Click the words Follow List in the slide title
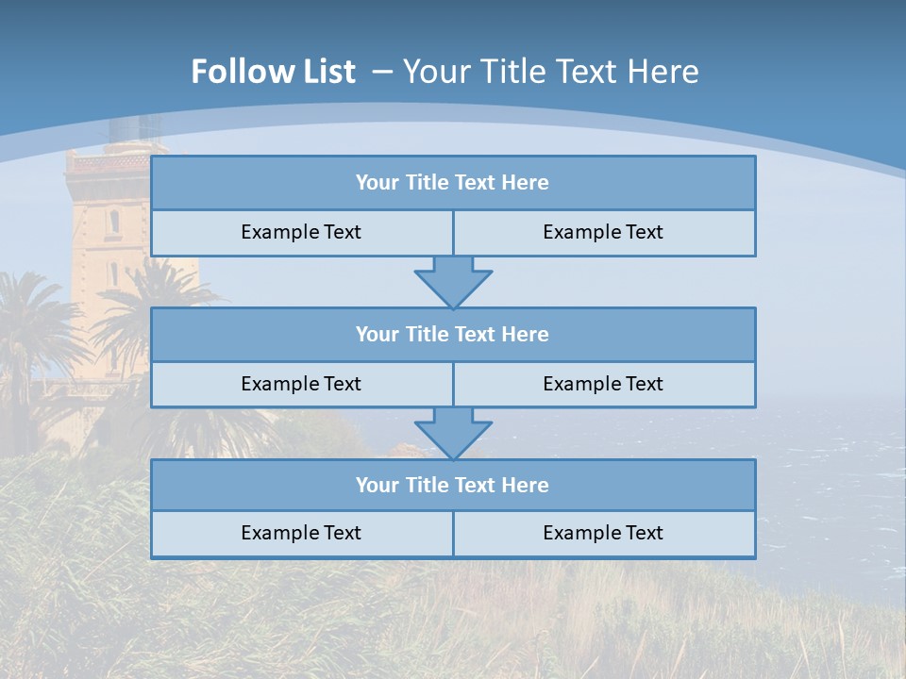point(273,72)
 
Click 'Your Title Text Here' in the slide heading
point(551,72)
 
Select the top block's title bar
point(453,183)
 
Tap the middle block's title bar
point(453,334)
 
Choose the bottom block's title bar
point(453,485)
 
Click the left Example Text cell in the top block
point(301,232)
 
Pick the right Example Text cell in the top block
point(603,232)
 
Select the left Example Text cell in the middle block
point(301,384)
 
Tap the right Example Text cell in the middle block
point(603,384)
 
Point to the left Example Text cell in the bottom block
point(301,533)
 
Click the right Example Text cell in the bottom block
point(603,533)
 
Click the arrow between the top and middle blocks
point(453,282)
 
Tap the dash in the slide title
point(383,72)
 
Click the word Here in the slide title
point(664,72)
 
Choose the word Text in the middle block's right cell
point(644,384)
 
